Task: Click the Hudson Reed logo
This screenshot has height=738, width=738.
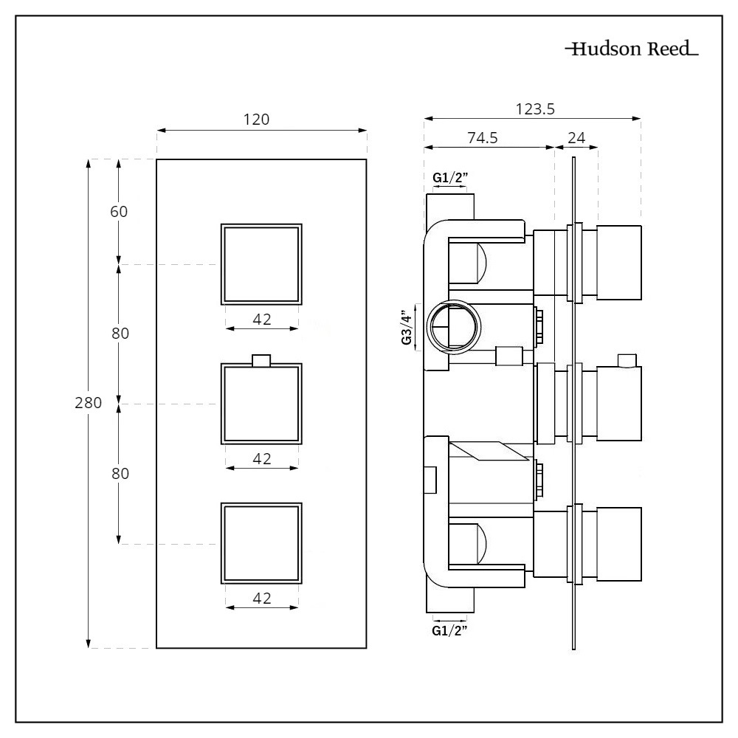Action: (631, 50)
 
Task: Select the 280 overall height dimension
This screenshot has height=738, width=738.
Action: (88, 403)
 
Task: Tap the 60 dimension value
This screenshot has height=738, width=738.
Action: (119, 211)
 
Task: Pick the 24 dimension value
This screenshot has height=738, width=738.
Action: (576, 138)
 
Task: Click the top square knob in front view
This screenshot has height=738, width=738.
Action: (261, 263)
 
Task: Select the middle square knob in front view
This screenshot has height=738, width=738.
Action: (261, 404)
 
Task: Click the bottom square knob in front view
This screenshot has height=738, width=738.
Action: (261, 544)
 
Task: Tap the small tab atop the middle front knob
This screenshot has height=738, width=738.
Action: (261, 360)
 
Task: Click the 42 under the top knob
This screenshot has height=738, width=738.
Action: (261, 319)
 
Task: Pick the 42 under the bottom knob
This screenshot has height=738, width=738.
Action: (261, 599)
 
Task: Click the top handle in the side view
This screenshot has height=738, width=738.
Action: (618, 263)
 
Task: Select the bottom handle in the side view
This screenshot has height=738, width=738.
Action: (618, 544)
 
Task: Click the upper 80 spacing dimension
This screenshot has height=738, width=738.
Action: (120, 334)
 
